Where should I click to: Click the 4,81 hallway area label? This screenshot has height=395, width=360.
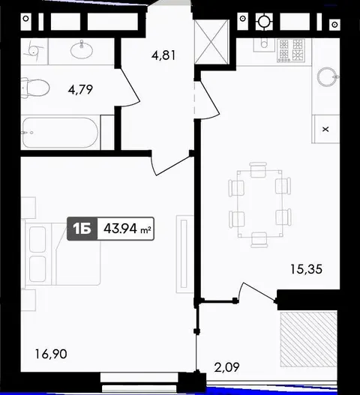tap(163, 55)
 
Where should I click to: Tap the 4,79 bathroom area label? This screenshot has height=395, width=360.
tap(80, 89)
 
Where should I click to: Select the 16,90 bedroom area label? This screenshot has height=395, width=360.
tap(51, 354)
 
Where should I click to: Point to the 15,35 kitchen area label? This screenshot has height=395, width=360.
tap(306, 269)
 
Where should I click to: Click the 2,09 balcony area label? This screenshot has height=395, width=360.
tap(226, 367)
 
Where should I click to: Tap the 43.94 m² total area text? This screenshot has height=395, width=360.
tap(127, 229)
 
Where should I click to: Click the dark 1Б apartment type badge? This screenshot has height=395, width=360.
tap(82, 229)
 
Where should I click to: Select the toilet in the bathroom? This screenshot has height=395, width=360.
tap(35, 88)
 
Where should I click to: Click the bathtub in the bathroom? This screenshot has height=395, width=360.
tap(60, 133)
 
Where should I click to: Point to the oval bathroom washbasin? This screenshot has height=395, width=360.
tap(82, 50)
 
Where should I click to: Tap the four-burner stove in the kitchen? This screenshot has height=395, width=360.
tap(291, 50)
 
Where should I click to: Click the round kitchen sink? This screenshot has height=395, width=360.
tap(327, 76)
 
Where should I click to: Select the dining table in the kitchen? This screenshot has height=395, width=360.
tap(259, 204)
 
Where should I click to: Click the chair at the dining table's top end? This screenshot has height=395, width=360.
tap(258, 170)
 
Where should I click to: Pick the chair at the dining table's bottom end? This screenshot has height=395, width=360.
tap(259, 240)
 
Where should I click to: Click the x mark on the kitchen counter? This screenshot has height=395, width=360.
tap(325, 130)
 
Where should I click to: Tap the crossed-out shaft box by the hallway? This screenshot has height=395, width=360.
tap(211, 42)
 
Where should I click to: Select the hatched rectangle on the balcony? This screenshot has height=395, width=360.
tap(309, 339)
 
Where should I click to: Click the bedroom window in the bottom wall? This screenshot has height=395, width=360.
tap(139, 382)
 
